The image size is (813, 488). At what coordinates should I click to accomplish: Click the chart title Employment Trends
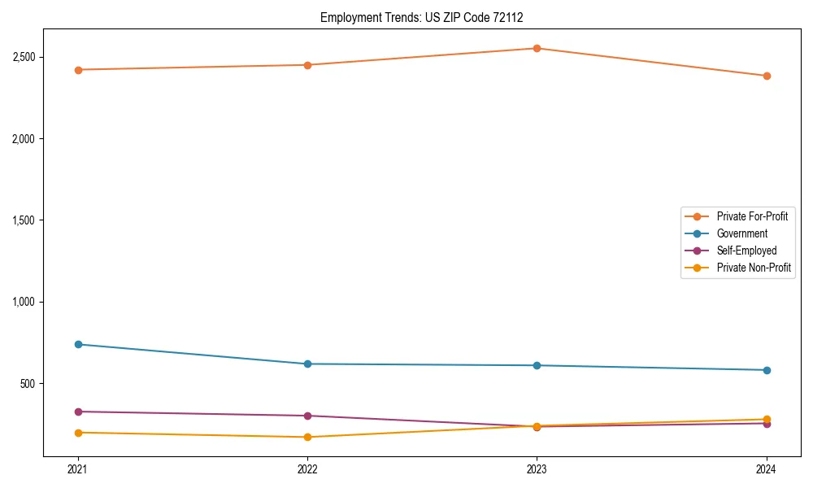point(428,17)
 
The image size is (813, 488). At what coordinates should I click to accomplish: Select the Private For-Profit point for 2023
point(537,48)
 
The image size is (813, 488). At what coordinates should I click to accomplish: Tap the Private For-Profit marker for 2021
point(78,70)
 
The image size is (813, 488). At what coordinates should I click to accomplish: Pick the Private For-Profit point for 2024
point(767,76)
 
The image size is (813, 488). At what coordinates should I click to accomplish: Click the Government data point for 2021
point(78,344)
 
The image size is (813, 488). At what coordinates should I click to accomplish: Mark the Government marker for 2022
point(307,364)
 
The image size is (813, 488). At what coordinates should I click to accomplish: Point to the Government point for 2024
point(767,370)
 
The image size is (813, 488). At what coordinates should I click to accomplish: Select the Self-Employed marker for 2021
point(78,412)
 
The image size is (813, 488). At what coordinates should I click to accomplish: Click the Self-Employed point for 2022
point(307,416)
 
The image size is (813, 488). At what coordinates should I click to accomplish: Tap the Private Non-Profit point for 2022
point(307,437)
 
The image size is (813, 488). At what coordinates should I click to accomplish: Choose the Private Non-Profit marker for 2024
point(767,419)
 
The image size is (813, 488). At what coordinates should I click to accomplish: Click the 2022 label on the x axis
point(307,468)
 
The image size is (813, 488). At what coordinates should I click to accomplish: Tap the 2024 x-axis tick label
point(767,468)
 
